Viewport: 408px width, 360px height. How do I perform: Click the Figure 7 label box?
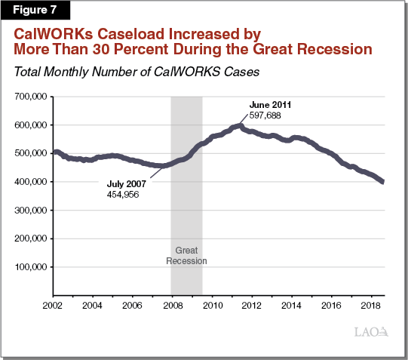tap(35, 10)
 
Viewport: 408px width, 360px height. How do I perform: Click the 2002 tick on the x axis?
tap(52, 306)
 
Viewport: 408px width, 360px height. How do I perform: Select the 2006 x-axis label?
tap(132, 306)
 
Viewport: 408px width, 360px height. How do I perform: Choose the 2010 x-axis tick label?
tap(211, 306)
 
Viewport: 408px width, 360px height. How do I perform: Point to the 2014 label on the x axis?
tap(291, 306)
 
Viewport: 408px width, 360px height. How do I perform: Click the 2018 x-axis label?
tap(370, 306)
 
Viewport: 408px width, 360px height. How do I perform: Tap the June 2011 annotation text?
tap(269, 104)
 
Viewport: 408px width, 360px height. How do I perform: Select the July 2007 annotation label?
tap(127, 183)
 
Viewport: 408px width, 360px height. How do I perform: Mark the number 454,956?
tap(124, 194)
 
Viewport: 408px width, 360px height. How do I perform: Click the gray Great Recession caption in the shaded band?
tap(186, 256)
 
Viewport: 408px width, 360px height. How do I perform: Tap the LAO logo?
tap(371, 331)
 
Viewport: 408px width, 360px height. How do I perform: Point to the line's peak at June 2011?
tap(240, 125)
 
